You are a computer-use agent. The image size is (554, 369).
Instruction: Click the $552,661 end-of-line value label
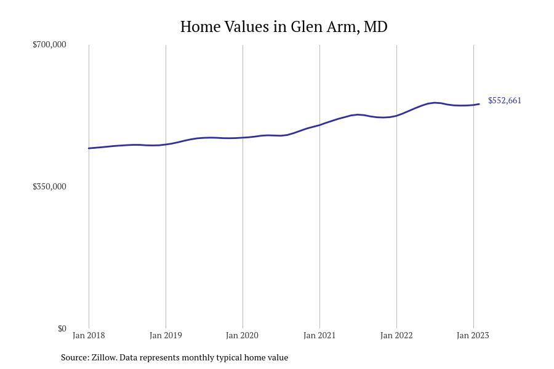(505, 101)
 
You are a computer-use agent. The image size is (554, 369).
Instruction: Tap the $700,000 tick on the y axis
(49, 44)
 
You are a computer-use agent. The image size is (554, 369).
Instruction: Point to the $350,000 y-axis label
(49, 186)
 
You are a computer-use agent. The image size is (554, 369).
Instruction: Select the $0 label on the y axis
(62, 328)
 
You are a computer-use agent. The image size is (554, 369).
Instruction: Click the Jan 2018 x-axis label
(89, 335)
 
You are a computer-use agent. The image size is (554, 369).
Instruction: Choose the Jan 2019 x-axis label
(166, 335)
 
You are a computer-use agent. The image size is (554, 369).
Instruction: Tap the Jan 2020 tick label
(243, 335)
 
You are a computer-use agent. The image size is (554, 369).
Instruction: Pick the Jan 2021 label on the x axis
(319, 335)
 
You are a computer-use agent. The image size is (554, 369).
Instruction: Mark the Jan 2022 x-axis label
(396, 335)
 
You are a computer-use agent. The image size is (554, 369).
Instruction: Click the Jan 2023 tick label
(473, 335)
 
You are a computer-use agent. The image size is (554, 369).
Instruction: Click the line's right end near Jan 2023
(479, 104)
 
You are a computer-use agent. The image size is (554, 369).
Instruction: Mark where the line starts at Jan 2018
(89, 148)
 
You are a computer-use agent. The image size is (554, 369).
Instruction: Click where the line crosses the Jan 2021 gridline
(319, 125)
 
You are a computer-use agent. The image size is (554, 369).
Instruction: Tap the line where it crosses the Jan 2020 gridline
(243, 137)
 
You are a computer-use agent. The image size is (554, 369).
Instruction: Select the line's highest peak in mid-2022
(435, 103)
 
